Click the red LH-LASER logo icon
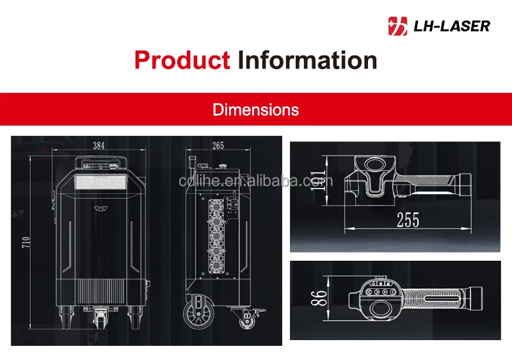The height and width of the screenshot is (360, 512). point(397,26)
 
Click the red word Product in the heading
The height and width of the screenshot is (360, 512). point(182,60)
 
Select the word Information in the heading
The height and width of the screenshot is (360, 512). point(307,60)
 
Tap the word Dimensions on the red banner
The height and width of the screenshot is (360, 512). point(255,110)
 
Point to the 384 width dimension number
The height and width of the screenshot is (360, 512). point(99,145)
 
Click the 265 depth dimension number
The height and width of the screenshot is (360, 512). point(218,145)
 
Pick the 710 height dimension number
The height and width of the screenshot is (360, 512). point(26,242)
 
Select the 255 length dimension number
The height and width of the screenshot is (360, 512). point(408,220)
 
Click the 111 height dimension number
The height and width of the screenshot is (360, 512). point(317,181)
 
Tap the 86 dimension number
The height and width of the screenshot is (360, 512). point(319,298)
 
